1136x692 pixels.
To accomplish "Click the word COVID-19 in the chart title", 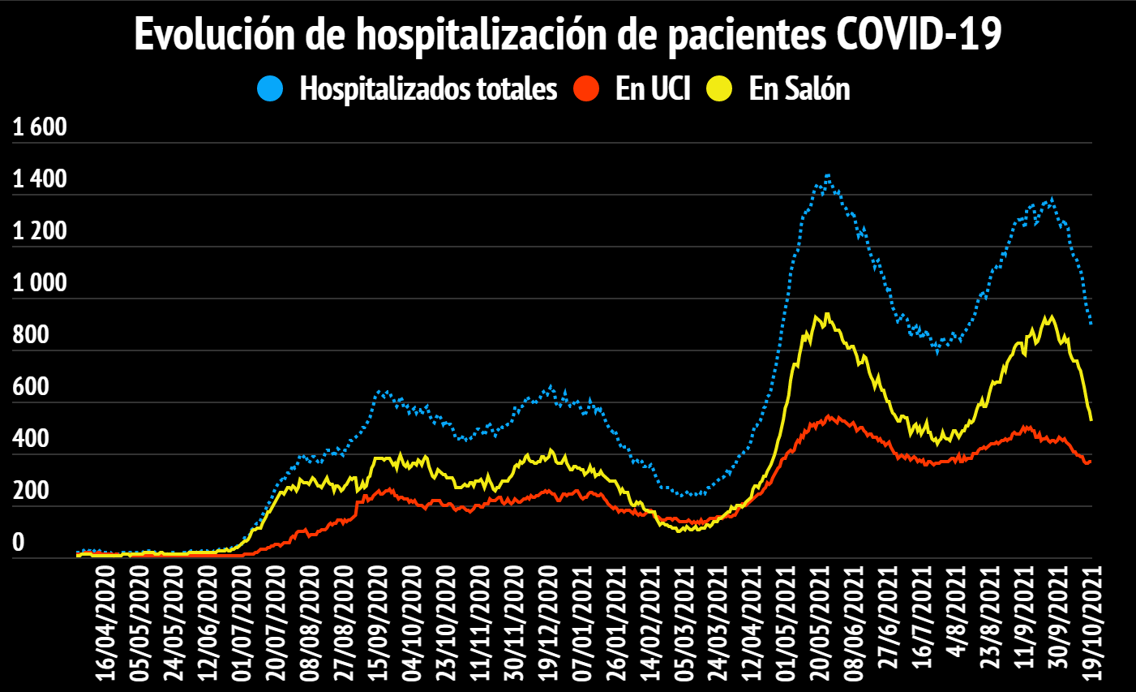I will coord(918,34).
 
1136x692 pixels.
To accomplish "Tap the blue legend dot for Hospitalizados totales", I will coord(270,88).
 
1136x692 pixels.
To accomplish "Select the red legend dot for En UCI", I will coord(585,88).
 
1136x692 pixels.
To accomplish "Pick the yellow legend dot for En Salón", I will coord(718,88).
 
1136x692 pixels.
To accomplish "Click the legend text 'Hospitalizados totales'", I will coord(428,88).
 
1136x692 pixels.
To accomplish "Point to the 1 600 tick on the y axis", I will coord(40,127).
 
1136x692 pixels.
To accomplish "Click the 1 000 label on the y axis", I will coord(40,283).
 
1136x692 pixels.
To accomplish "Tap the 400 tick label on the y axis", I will coord(31,439).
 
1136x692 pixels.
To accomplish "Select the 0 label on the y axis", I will coord(19,543).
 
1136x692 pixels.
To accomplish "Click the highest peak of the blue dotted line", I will coord(827,174).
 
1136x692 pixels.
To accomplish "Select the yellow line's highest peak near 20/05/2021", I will coord(826,315).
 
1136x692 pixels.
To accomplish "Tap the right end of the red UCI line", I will coord(1091,462).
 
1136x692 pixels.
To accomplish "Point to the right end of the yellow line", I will coord(1091,419).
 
